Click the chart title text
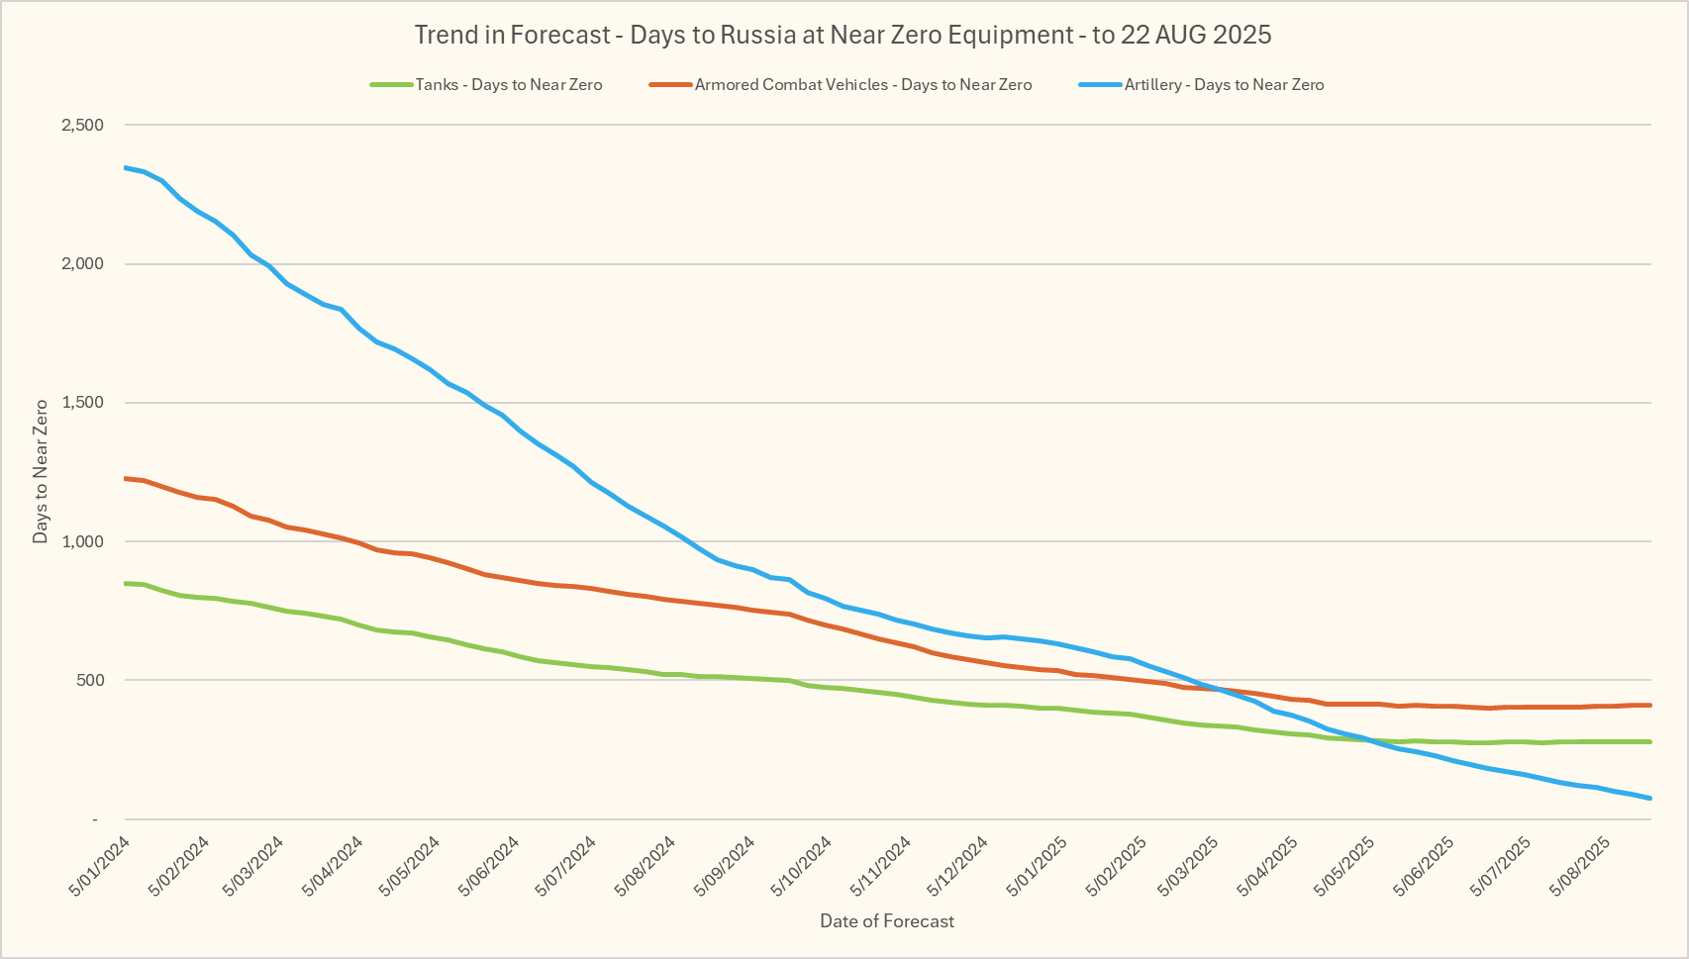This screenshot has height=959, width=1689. click(843, 36)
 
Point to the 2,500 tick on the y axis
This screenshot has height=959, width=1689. click(82, 126)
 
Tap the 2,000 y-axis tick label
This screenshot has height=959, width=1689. click(82, 264)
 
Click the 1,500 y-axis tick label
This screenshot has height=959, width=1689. click(82, 403)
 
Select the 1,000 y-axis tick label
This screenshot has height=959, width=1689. click(82, 541)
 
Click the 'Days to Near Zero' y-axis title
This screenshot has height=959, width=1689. click(41, 471)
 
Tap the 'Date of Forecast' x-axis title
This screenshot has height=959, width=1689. click(887, 921)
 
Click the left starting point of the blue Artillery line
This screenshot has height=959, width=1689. click(126, 167)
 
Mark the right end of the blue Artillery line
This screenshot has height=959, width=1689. click(1650, 798)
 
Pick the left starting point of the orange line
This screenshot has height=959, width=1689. click(126, 478)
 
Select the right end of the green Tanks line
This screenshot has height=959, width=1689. click(1650, 741)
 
